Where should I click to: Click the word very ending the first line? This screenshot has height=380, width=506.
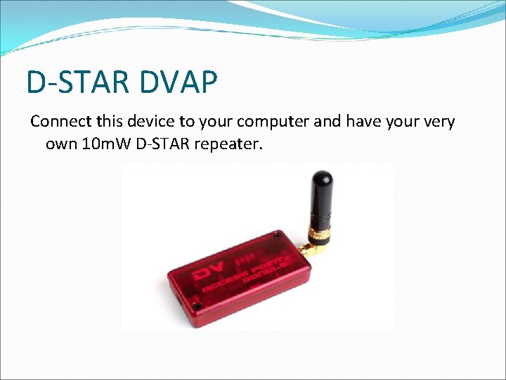(x=439, y=121)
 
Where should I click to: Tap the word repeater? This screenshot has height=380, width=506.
(x=235, y=145)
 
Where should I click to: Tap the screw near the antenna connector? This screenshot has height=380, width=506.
(x=283, y=237)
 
